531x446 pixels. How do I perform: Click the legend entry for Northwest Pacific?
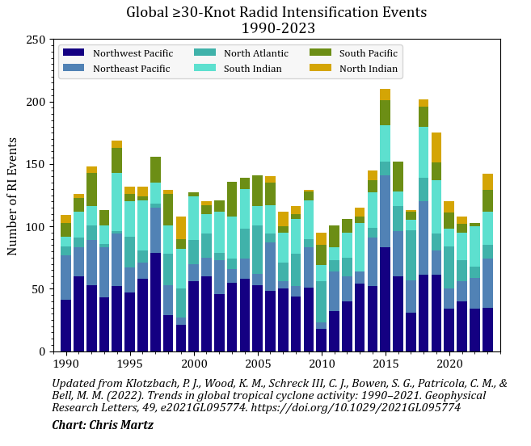(125, 53)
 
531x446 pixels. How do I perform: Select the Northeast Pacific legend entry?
(125, 69)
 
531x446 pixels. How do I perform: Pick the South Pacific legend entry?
(368, 53)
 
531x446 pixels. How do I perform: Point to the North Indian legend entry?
(368, 69)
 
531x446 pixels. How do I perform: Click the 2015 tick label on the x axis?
(385, 364)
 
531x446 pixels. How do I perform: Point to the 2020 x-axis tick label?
(449, 364)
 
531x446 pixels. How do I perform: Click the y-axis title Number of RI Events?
(12, 196)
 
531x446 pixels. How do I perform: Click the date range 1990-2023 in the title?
(276, 27)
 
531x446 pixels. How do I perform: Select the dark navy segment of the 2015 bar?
(385, 299)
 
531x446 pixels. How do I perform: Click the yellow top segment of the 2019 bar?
(436, 147)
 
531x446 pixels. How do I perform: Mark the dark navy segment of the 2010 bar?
(321, 340)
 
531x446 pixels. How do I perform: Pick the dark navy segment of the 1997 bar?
(155, 302)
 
